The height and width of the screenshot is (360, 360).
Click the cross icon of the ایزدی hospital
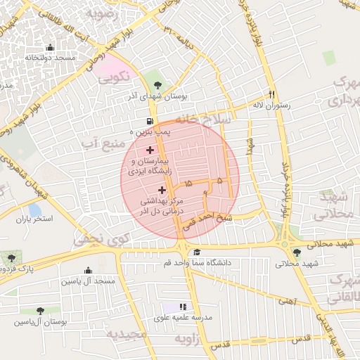coord(150,150)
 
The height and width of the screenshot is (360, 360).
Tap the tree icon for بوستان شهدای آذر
coord(156,84)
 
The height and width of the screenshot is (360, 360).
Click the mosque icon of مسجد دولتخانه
coord(50,48)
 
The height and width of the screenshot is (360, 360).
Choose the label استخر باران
coord(34,219)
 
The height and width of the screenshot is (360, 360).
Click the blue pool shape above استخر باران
coord(34,209)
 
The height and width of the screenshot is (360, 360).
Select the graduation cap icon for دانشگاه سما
coord(197,252)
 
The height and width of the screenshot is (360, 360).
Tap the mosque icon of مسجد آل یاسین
coord(89,271)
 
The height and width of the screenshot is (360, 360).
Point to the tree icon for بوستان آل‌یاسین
coord(40,310)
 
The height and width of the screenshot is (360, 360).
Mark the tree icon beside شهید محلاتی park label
coord(297,252)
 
